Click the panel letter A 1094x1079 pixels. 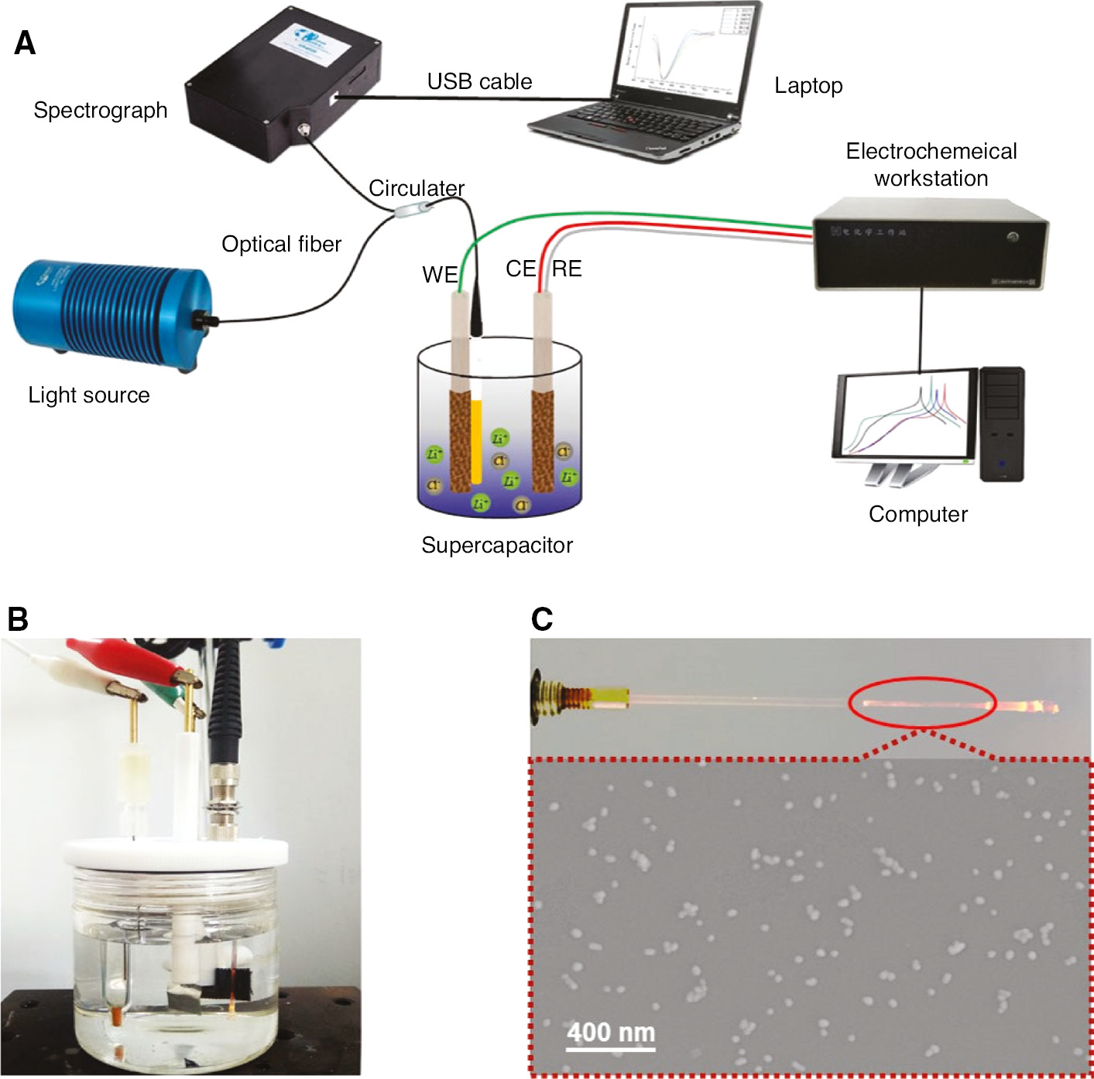click(x=25, y=43)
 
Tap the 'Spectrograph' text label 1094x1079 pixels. click(x=100, y=111)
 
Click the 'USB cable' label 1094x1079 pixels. click(x=479, y=81)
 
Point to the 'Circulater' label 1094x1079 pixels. click(x=416, y=188)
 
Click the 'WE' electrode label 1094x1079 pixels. click(x=439, y=275)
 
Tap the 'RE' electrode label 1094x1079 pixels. click(x=567, y=269)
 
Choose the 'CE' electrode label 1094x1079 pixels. click(x=520, y=269)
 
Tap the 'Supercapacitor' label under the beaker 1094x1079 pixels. click(x=496, y=546)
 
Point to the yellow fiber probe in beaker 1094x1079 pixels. click(x=476, y=441)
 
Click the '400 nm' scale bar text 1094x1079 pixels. click(x=610, y=1032)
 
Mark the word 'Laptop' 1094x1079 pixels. click(x=808, y=86)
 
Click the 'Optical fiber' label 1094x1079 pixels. click(x=281, y=245)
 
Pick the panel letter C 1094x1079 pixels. click(x=542, y=619)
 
